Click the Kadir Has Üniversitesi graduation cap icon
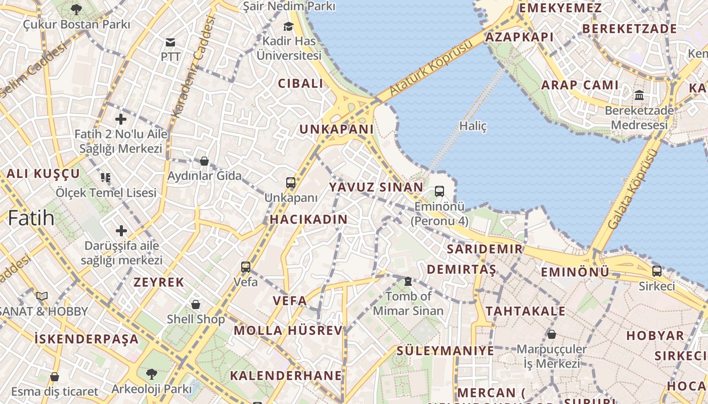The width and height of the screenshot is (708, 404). [x=288, y=26]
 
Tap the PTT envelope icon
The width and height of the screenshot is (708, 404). [x=170, y=42]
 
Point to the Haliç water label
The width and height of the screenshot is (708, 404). [x=473, y=126]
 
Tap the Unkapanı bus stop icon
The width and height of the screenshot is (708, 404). [x=290, y=183]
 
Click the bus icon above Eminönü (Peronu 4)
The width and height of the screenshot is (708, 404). [x=439, y=191]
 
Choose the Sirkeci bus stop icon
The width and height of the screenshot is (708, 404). [x=656, y=271]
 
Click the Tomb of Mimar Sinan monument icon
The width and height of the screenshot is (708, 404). [x=408, y=281]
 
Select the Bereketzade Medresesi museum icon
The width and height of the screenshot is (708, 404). [x=639, y=95]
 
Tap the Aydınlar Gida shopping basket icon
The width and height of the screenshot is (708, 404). [x=204, y=161]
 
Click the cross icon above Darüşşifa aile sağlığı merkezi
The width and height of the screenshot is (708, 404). [x=121, y=231]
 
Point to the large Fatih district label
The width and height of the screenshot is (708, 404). [x=31, y=218]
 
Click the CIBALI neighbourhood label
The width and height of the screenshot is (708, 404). [x=300, y=84]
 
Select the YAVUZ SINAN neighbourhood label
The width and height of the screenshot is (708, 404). [x=376, y=187]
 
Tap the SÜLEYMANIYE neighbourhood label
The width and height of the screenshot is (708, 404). [x=445, y=350]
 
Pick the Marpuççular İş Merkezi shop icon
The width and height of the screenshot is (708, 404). [x=552, y=334]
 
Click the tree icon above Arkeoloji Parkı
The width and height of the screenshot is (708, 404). [x=151, y=374]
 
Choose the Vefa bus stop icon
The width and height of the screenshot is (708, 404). [x=246, y=267]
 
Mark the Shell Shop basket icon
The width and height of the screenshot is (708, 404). [x=196, y=305]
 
